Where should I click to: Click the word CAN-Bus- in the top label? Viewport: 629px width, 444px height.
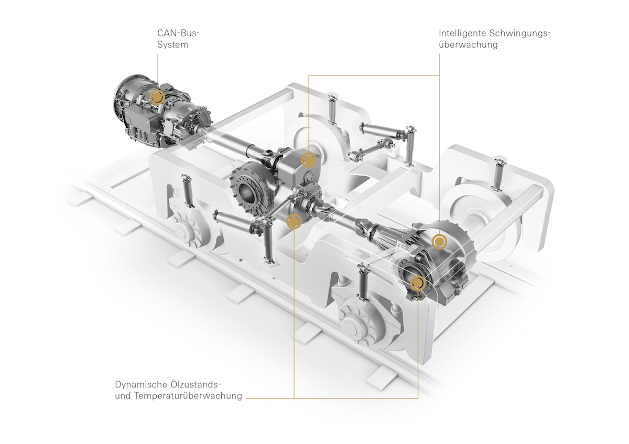[x=178, y=33]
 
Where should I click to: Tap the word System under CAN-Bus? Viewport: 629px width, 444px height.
[x=172, y=45]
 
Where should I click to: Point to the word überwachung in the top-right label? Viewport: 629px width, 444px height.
[x=468, y=45]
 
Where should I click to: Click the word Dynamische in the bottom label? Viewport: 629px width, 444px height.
[x=140, y=384]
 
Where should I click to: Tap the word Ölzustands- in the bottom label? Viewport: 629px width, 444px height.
[x=196, y=384]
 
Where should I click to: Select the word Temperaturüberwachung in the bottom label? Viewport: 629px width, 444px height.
[x=188, y=396]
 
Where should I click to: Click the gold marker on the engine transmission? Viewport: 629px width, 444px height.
[x=157, y=97]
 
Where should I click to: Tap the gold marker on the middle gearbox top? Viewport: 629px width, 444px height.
[x=309, y=160]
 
